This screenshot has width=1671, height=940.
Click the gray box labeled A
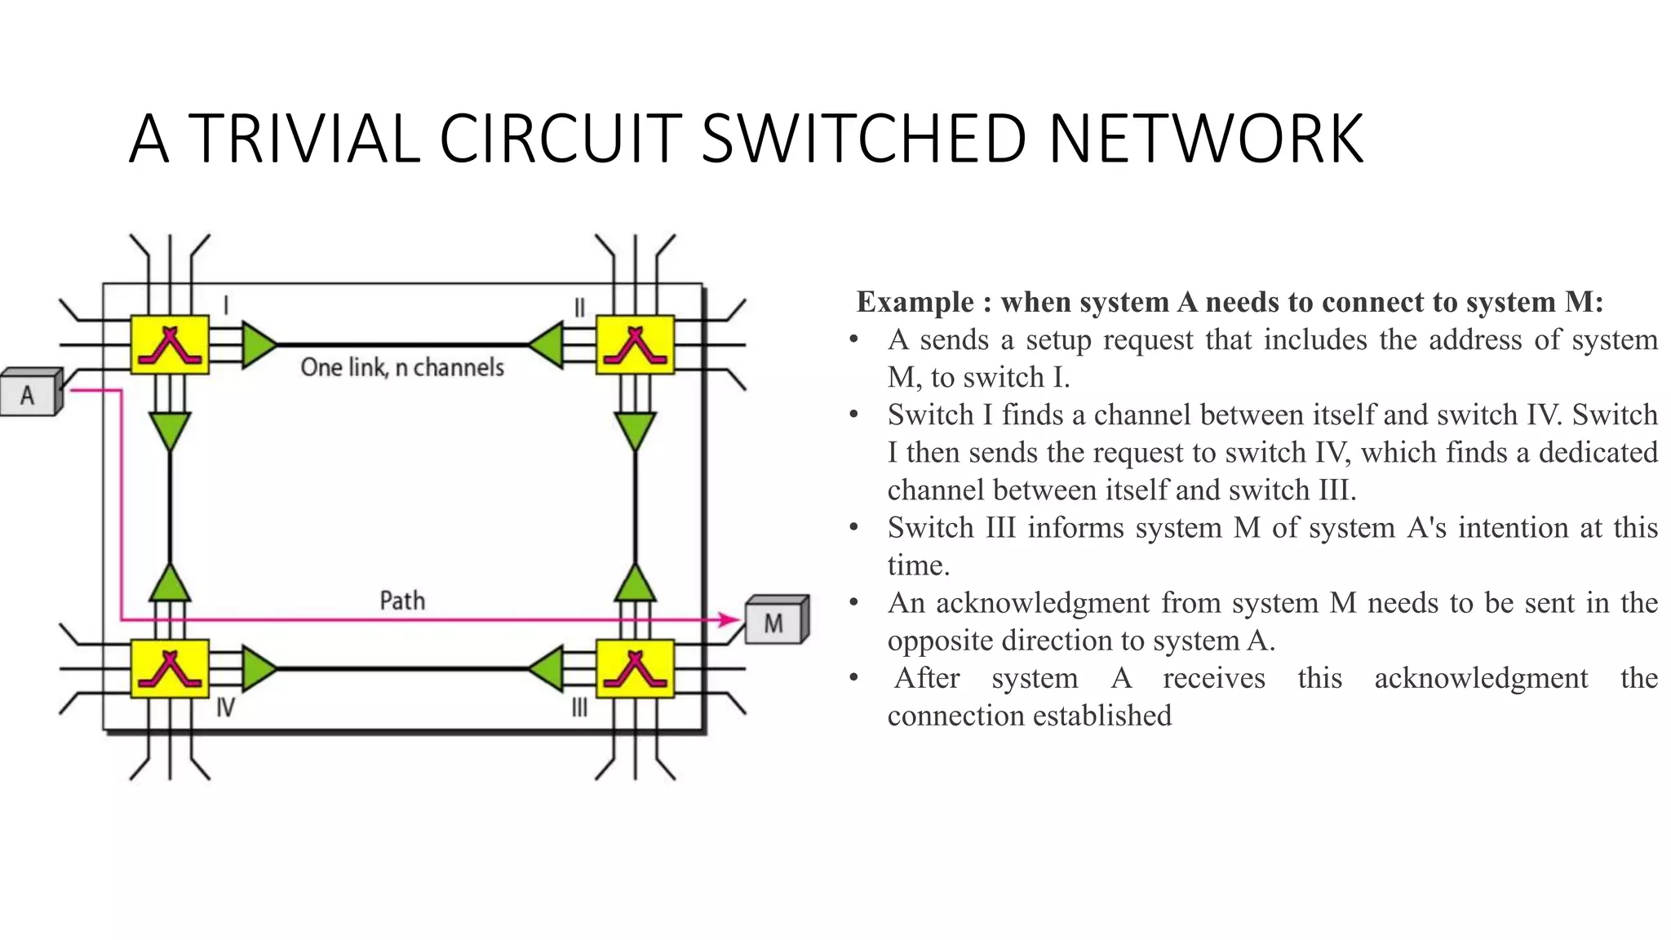click(29, 395)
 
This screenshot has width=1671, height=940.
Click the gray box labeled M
click(774, 623)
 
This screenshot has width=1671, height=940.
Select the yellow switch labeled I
click(170, 344)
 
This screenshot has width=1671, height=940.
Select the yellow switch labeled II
click(635, 344)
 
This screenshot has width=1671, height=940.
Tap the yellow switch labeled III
click(635, 669)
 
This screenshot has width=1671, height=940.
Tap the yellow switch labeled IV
click(170, 669)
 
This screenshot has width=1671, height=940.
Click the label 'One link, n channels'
click(402, 367)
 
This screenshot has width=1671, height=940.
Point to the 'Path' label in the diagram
click(402, 601)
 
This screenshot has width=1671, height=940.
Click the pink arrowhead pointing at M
click(729, 620)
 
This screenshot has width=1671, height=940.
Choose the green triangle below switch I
click(170, 429)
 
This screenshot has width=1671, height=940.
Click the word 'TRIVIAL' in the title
click(304, 139)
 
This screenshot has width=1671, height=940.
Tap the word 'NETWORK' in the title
click(1206, 139)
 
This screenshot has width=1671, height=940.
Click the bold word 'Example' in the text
click(915, 302)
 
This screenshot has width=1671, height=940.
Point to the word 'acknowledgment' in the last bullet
click(1480, 677)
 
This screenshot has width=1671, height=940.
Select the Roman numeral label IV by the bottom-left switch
click(225, 707)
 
